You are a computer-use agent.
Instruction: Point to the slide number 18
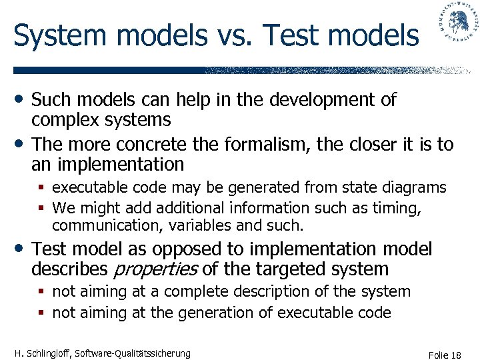click(x=455, y=355)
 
